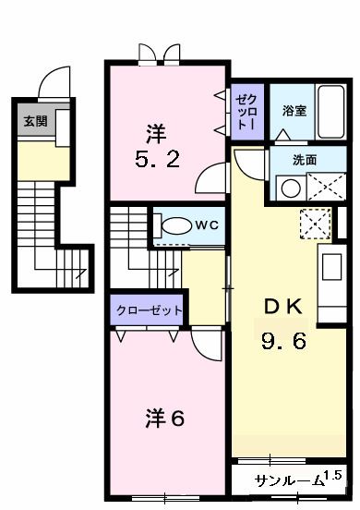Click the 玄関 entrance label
click(35, 120)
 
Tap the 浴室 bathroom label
click(295, 110)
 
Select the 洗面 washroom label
click(305, 160)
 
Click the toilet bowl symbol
click(174, 225)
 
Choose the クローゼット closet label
click(149, 310)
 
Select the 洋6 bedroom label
click(165, 419)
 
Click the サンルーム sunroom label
click(288, 480)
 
